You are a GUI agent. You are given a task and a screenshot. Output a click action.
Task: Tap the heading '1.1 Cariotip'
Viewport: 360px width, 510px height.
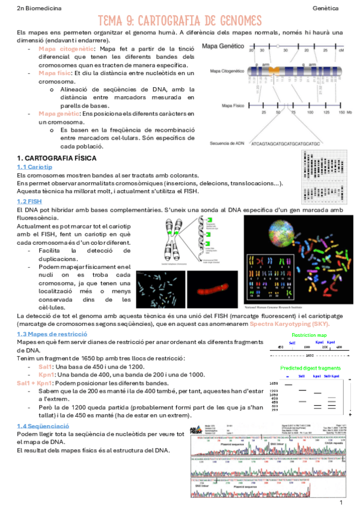coord(35,167)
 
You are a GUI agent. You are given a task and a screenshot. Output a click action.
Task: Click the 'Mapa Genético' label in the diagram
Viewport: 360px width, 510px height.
coord(222,46)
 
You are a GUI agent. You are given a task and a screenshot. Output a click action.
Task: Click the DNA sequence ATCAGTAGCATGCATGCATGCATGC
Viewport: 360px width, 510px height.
coord(285,144)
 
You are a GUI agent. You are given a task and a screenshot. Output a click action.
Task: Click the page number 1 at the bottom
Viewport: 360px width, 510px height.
coord(341,502)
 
